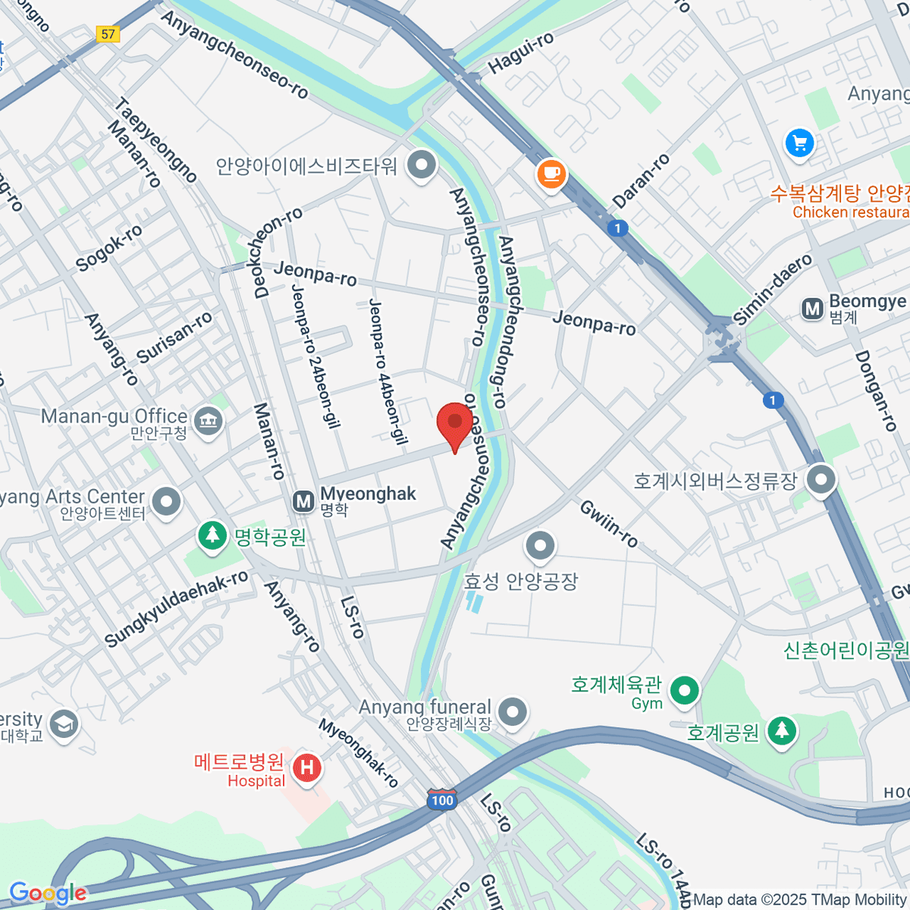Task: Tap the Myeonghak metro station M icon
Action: [303, 501]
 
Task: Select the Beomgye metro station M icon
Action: [812, 309]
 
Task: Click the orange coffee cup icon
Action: [551, 174]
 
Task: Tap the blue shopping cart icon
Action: [799, 143]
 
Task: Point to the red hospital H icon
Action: [306, 768]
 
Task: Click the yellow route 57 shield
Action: [108, 34]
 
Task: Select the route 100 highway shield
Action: [442, 800]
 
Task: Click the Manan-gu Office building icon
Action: [208, 420]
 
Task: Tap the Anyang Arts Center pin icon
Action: [166, 501]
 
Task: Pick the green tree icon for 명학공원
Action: [212, 535]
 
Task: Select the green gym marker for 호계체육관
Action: [685, 691]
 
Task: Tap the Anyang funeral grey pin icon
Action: [514, 712]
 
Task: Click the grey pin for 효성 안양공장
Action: [540, 545]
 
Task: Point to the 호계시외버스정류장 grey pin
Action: [821, 479]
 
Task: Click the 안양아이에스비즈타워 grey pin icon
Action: [421, 164]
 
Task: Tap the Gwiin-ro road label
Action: [609, 524]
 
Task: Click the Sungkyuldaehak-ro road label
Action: [176, 608]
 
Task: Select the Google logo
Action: [48, 893]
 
